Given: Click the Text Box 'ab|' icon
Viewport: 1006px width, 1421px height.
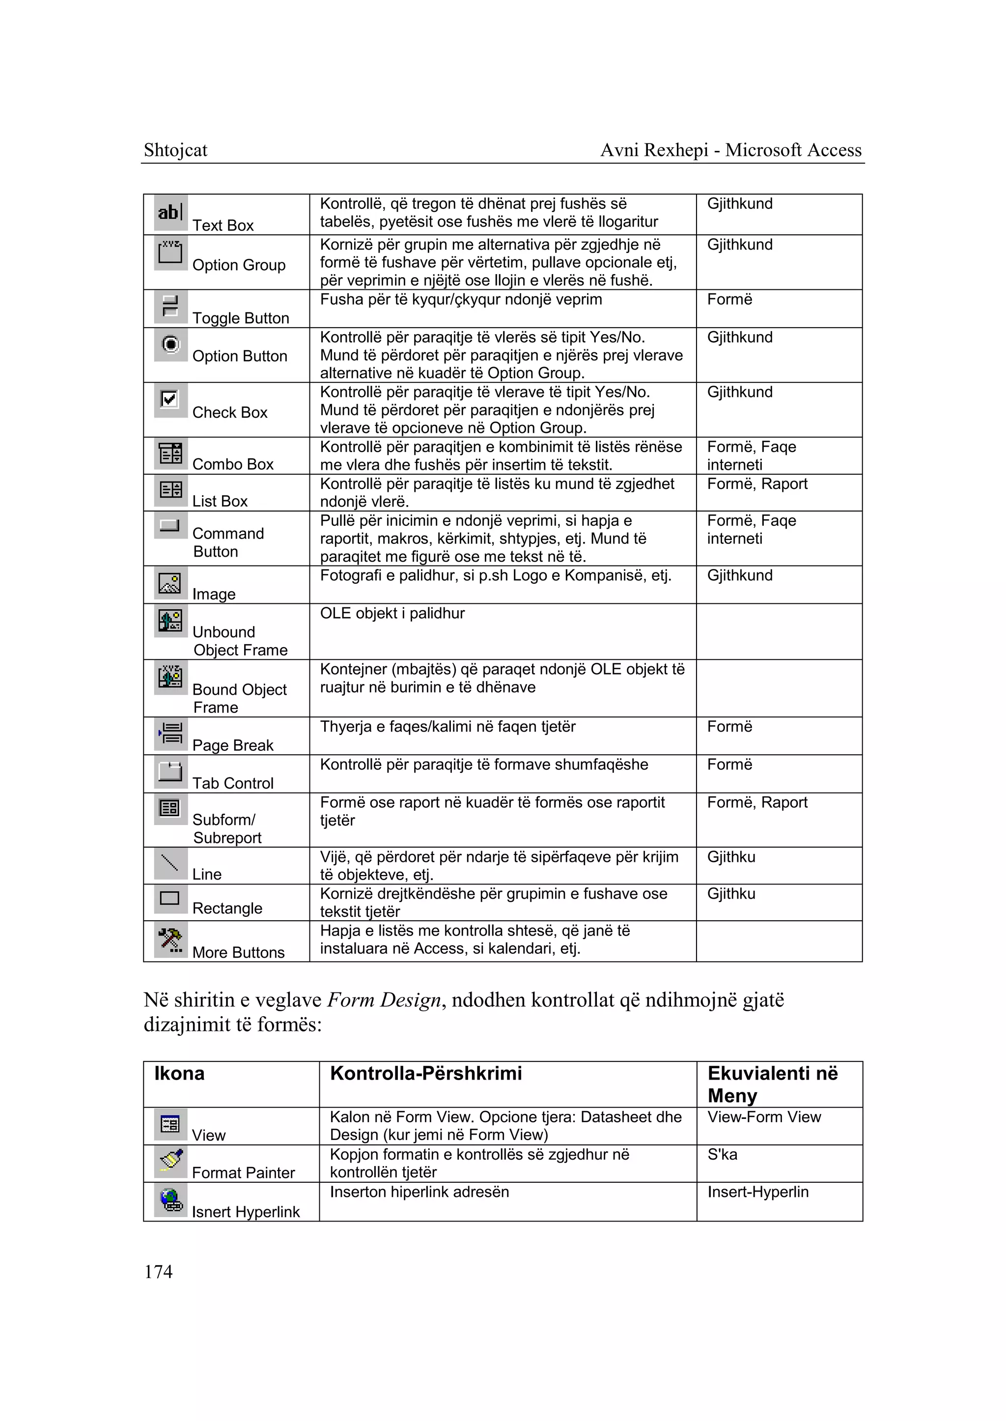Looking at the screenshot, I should coord(170,213).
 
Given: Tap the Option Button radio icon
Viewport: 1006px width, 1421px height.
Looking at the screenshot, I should coord(170,344).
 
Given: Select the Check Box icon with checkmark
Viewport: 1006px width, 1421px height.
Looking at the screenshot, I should coord(170,399).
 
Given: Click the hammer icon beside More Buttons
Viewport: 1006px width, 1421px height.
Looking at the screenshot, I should coord(170,939).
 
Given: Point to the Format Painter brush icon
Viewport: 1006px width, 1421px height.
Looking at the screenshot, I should coord(170,1161).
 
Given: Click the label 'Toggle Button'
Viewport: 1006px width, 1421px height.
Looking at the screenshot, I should coord(240,318).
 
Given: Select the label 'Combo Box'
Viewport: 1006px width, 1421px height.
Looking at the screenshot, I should coord(233,464).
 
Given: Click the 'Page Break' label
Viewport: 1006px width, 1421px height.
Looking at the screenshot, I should coord(233,745).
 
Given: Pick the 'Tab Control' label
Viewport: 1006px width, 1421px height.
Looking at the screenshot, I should coord(233,783).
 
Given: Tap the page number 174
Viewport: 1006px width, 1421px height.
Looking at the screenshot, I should coord(159,1272).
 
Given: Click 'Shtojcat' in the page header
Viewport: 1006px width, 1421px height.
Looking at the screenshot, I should coord(175,150).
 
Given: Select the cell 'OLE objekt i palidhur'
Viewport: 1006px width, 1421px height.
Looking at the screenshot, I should coord(392,614).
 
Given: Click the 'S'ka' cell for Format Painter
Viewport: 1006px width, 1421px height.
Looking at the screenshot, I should coord(722,1155).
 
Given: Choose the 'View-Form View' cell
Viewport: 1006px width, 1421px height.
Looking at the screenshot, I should coord(764,1117).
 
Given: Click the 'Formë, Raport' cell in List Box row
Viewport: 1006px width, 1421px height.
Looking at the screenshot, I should coord(757,484).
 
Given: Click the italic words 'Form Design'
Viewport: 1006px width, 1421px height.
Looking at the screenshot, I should coord(384,1000).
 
